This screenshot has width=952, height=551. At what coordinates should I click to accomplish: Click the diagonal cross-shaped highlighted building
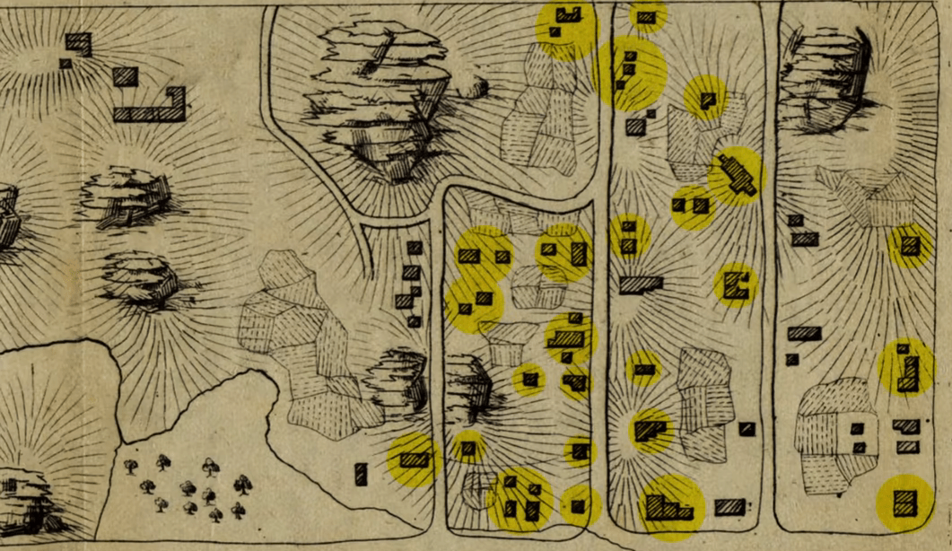736,174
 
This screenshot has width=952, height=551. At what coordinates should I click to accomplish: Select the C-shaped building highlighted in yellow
736,284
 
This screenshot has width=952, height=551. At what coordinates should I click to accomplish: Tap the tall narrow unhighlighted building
361,474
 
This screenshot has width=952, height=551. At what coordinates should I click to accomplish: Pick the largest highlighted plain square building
904,502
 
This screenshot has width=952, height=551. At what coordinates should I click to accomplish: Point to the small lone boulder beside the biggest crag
473,86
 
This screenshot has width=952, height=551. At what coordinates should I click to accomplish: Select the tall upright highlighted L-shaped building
908,371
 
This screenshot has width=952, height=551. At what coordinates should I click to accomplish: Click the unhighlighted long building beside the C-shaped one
641,284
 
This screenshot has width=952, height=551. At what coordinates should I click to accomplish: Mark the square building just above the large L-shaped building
126,76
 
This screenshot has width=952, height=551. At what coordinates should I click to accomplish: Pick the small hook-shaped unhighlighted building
78,43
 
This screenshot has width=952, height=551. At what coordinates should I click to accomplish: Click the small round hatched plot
475,487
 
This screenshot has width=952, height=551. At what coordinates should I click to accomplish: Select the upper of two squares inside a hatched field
858,429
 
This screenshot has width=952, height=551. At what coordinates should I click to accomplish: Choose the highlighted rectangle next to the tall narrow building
413,459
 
